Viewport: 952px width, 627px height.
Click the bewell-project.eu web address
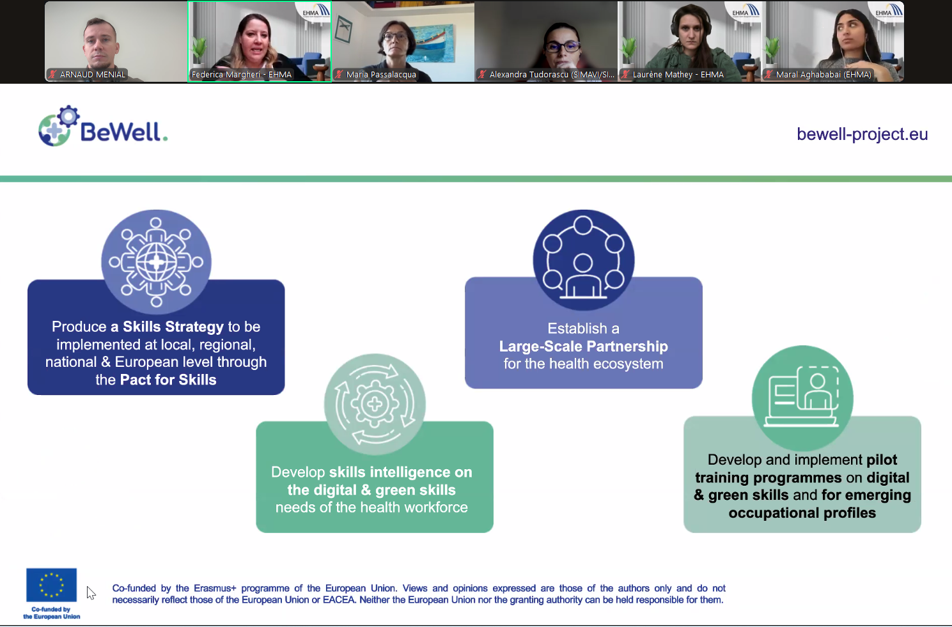(x=862, y=134)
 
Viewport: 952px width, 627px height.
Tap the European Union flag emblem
(x=51, y=585)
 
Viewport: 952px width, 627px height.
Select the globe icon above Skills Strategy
(x=156, y=261)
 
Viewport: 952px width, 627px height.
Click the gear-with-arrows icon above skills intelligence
(x=375, y=404)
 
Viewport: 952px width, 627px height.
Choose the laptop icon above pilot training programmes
(x=802, y=396)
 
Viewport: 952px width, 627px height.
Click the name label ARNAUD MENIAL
(x=93, y=75)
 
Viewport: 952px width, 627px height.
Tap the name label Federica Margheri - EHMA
(x=242, y=75)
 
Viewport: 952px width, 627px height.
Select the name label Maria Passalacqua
(x=381, y=75)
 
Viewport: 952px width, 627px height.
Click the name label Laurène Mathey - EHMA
(x=678, y=75)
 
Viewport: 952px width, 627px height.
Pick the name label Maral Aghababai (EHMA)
(x=823, y=75)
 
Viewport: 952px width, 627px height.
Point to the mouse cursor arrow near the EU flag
(x=90, y=592)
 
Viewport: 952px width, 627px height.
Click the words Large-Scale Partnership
(x=583, y=346)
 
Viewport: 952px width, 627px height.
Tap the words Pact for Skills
(x=168, y=380)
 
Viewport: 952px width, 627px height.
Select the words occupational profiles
(x=802, y=513)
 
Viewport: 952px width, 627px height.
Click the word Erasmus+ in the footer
(x=215, y=588)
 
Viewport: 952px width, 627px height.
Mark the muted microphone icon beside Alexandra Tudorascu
(x=483, y=75)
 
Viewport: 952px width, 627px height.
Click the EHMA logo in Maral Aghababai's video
(x=889, y=11)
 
